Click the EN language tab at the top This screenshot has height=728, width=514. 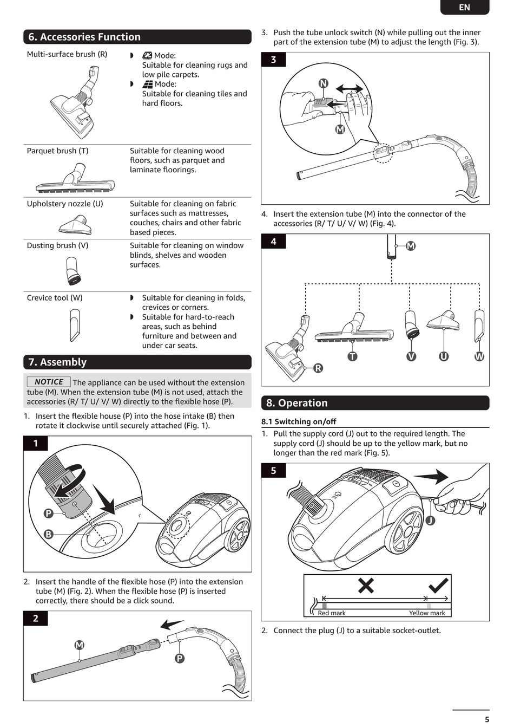[x=464, y=7]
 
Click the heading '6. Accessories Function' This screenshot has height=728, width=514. [x=84, y=37]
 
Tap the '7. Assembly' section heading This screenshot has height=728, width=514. [x=57, y=362]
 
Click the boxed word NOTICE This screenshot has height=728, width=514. [x=49, y=382]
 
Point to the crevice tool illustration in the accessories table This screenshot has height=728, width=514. [x=75, y=325]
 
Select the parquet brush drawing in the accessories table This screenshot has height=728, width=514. [x=76, y=180]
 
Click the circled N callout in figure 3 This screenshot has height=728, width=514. [x=323, y=83]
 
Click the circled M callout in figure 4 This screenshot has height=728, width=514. [x=411, y=246]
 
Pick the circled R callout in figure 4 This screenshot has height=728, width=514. [x=318, y=368]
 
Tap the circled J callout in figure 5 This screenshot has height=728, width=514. [x=430, y=521]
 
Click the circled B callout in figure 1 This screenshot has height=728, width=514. [x=49, y=534]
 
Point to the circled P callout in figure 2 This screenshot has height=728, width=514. [x=180, y=658]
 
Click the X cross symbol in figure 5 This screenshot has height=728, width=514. [x=366, y=585]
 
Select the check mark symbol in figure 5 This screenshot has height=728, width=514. [x=438, y=585]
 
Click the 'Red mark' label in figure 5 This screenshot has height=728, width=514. [x=332, y=613]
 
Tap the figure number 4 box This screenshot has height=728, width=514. [x=273, y=241]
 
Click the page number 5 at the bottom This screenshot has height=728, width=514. [x=487, y=719]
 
